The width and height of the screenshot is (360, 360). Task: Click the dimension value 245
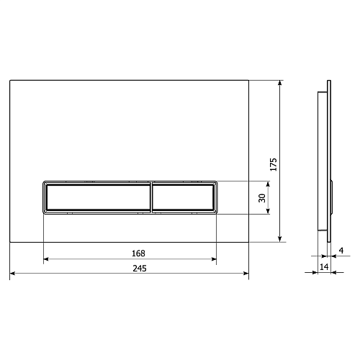[140, 268]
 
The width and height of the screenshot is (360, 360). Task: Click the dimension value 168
[138, 253]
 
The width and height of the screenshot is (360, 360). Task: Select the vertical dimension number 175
[274, 164]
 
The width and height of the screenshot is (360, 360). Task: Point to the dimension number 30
[262, 198]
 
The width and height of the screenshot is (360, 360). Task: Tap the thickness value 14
[324, 266]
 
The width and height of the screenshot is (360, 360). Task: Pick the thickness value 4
[341, 251]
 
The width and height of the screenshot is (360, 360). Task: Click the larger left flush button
[99, 197]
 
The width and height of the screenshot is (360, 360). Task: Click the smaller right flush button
[183, 197]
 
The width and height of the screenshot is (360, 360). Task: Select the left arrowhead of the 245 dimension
[12, 273]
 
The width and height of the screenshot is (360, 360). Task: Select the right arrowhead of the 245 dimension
[246, 273]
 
